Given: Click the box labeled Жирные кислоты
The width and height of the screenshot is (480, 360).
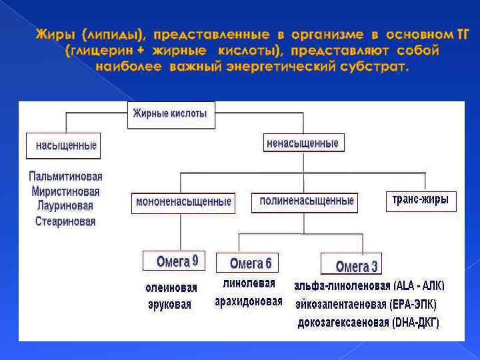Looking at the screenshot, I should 170,114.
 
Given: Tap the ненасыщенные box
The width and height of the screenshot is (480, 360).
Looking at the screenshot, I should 302,143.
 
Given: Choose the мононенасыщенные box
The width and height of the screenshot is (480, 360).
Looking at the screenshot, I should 183,201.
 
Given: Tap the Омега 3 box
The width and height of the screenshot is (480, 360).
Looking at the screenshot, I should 356,266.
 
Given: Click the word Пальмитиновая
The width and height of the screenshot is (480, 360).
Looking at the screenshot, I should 65,177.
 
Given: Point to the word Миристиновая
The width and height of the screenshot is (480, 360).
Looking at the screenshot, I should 65,191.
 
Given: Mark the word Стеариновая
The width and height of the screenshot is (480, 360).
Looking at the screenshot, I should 65,221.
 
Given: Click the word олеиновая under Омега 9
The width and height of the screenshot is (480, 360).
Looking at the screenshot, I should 171,288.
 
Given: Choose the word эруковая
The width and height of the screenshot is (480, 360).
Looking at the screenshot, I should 169,305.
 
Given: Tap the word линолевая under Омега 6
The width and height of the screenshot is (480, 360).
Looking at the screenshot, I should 249,283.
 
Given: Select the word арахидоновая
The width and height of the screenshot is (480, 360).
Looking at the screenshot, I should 248,301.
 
